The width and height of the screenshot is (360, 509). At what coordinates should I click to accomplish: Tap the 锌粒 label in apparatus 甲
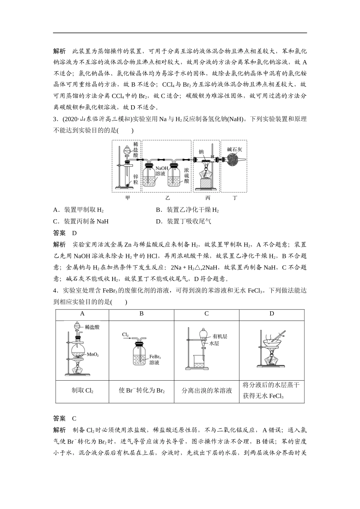[136, 179]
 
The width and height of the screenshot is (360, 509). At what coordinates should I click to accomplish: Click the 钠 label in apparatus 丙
[201, 151]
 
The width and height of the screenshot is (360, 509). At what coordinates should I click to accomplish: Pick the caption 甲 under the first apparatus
[127, 198]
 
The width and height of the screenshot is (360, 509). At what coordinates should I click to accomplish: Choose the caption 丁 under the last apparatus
[235, 198]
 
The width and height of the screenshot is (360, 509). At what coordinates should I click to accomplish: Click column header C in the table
[207, 314]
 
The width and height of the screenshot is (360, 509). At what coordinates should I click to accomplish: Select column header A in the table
[82, 314]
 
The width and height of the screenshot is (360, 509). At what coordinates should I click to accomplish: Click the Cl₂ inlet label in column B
[125, 335]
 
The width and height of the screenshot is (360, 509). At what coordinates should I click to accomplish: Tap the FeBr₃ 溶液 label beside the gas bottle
[155, 360]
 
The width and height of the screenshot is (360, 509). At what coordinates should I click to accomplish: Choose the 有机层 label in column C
[220, 336]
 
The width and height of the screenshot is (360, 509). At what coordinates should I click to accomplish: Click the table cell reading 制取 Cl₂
[82, 390]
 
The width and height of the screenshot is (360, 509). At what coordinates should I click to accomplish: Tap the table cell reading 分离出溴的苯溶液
[207, 390]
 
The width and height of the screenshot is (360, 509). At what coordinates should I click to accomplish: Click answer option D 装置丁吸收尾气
[183, 222]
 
